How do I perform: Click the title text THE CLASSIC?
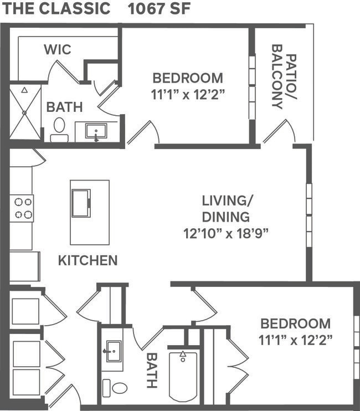pyautogui.click(x=54, y=9)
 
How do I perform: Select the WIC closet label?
pyautogui.click(x=58, y=50)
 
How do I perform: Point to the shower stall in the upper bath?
pyautogui.click(x=25, y=112)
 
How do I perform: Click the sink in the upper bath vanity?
pyautogui.click(x=97, y=132)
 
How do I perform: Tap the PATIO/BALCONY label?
pyautogui.click(x=284, y=81)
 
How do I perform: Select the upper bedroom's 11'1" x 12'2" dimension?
pyautogui.click(x=188, y=94)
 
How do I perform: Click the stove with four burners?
pyautogui.click(x=23, y=208)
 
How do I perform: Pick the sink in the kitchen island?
pyautogui.click(x=81, y=203)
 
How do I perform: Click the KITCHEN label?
pyautogui.click(x=88, y=260)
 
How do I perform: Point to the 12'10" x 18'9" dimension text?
pyautogui.click(x=226, y=233)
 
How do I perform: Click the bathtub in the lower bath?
pyautogui.click(x=183, y=376)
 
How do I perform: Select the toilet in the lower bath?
pyautogui.click(x=116, y=388)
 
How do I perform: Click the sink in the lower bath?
pyautogui.click(x=114, y=351)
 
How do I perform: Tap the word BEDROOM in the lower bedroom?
pyautogui.click(x=295, y=323)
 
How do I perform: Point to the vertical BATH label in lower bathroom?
pyautogui.click(x=152, y=370)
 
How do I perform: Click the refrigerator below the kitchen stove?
pyautogui.click(x=24, y=266)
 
